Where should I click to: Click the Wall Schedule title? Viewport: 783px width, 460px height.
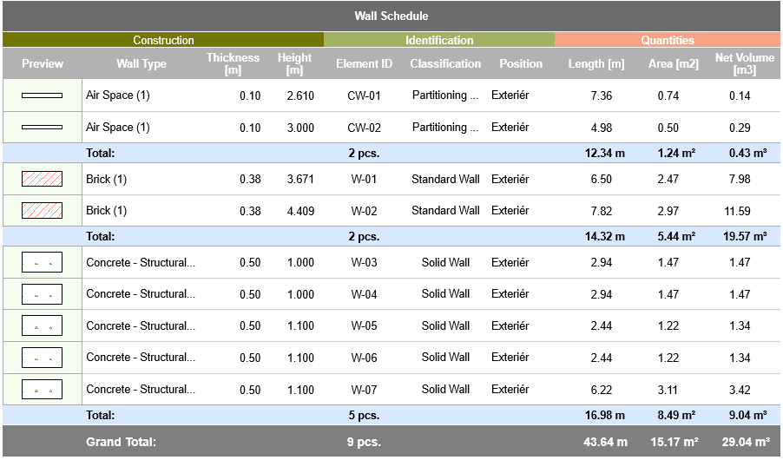[x=391, y=16]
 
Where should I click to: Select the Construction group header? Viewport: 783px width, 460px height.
[x=163, y=40]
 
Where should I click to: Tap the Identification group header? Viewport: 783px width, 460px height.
[x=439, y=40]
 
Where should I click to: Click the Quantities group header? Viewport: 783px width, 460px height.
[x=667, y=40]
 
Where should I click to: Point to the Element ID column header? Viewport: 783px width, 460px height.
[x=364, y=63]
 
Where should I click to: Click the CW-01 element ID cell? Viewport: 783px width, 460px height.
[x=364, y=95]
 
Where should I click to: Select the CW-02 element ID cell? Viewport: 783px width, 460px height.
[x=364, y=128]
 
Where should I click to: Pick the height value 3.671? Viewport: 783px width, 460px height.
[x=300, y=180]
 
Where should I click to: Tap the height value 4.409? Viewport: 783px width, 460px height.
[x=300, y=211]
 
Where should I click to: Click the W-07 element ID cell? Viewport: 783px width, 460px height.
[x=364, y=390]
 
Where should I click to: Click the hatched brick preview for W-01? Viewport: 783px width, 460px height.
[x=42, y=180]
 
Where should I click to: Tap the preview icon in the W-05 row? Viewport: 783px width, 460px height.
[x=42, y=326]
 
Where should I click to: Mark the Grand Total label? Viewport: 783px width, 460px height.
[x=121, y=442]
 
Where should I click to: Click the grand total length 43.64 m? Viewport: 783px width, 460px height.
[x=605, y=442]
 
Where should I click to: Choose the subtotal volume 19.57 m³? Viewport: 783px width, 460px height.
[x=743, y=236]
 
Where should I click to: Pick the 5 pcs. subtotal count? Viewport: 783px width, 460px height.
[x=364, y=416]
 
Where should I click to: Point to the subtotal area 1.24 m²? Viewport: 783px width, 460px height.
[x=675, y=153]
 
